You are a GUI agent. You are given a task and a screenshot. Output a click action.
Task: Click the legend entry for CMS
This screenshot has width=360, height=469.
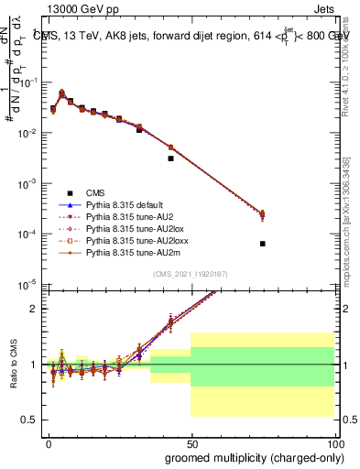click(96, 193)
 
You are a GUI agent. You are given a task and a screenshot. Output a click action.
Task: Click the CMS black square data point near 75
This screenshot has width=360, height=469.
click(262, 244)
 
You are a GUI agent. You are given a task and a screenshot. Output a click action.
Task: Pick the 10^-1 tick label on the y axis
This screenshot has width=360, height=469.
click(27, 82)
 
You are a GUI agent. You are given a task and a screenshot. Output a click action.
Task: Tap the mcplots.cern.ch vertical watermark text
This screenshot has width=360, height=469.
click(350, 229)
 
